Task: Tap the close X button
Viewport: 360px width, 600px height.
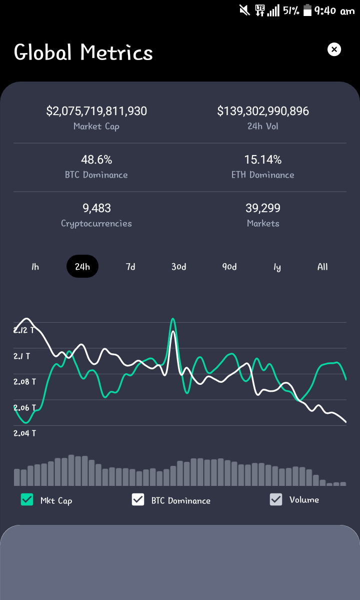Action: pyautogui.click(x=334, y=50)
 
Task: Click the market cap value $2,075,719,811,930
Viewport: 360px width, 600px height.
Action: pyautogui.click(x=96, y=111)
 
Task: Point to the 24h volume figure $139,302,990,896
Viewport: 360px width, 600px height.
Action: pyautogui.click(x=263, y=111)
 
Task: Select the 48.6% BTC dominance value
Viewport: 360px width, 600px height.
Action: pyautogui.click(x=96, y=159)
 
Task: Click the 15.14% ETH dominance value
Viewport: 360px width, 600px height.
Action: pyautogui.click(x=263, y=159)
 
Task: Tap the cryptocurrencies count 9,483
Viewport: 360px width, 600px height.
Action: pyautogui.click(x=96, y=208)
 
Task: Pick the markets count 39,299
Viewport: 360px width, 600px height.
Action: pyautogui.click(x=263, y=208)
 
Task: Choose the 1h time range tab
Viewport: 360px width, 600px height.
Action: pyautogui.click(x=35, y=267)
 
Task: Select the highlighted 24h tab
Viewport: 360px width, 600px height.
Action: pyautogui.click(x=82, y=266)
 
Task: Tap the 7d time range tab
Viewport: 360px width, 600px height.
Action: pyautogui.click(x=130, y=267)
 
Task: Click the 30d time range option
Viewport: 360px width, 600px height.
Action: pyautogui.click(x=179, y=267)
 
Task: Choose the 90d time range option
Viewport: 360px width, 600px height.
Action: pyautogui.click(x=229, y=267)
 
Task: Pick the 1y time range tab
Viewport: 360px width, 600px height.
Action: pyautogui.click(x=277, y=267)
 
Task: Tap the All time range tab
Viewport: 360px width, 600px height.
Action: pyautogui.click(x=322, y=267)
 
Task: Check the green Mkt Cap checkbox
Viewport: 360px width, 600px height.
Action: pyautogui.click(x=27, y=499)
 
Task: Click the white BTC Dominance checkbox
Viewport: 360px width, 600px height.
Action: pyautogui.click(x=138, y=499)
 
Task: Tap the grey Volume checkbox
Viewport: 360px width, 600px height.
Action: pyautogui.click(x=276, y=499)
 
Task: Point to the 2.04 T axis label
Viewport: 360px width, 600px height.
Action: pyautogui.click(x=25, y=433)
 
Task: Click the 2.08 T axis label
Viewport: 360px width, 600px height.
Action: pyautogui.click(x=25, y=381)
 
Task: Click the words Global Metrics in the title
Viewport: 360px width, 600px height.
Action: pyautogui.click(x=83, y=53)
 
